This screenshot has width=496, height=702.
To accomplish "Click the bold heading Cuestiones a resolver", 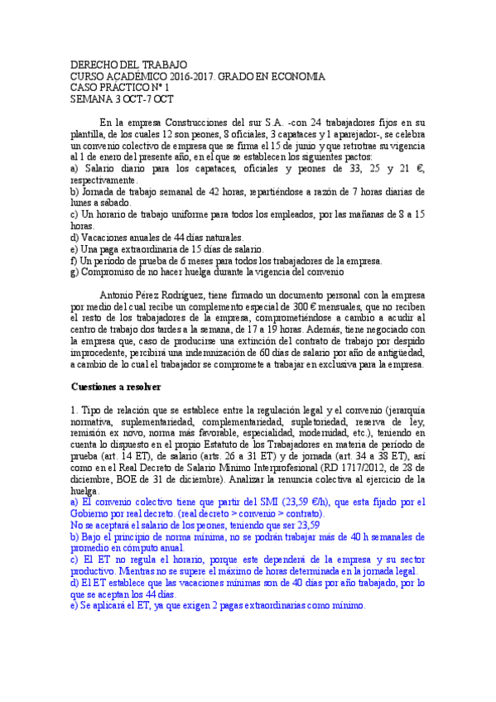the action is coord(116,387).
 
